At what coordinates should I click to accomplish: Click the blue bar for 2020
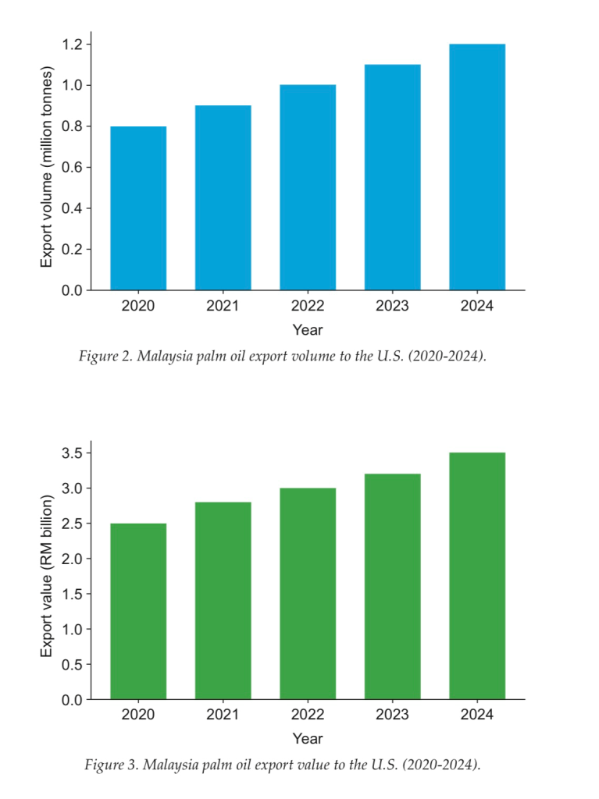click(138, 208)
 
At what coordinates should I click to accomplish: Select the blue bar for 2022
click(308, 187)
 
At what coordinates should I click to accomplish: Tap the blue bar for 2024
click(477, 167)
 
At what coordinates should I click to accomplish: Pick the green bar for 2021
click(223, 601)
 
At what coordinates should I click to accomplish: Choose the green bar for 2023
click(392, 587)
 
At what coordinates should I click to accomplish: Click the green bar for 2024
click(477, 576)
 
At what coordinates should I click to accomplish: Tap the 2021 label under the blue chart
click(223, 306)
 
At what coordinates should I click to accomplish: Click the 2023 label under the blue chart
click(392, 306)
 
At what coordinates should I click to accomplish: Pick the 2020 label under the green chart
click(138, 715)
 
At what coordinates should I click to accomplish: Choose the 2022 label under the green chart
click(308, 715)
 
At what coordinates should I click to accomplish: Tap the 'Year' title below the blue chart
click(308, 329)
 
